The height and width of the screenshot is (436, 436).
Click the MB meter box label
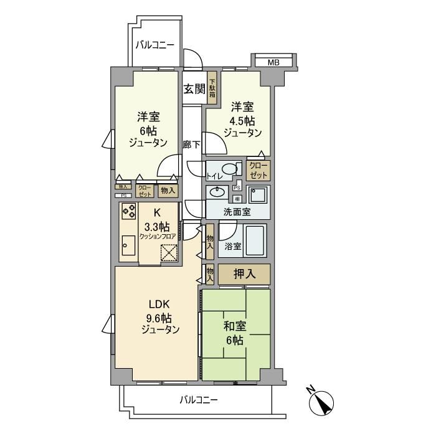coord(273,62)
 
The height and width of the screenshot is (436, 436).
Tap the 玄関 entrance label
coord(194,88)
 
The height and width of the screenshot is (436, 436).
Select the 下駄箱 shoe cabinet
coord(212,89)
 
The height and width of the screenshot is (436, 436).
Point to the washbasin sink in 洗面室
coord(218,192)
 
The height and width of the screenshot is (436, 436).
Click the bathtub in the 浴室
coord(255,242)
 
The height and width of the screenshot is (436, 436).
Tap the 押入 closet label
coord(244,274)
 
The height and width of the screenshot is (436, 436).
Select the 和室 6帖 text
coord(234,333)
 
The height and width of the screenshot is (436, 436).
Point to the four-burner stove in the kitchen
coord(128,212)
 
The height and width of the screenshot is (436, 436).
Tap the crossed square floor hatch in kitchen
coord(169,254)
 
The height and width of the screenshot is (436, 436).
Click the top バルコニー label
coord(156,45)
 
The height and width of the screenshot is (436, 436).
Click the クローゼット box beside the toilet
coord(258,169)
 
